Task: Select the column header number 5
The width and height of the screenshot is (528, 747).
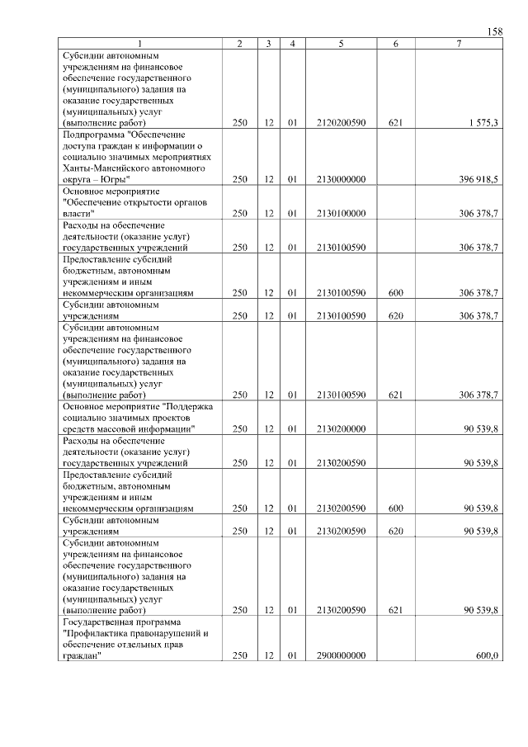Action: [x=341, y=43]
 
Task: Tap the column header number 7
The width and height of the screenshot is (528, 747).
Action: [x=458, y=43]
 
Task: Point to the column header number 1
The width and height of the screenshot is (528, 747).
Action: [x=139, y=43]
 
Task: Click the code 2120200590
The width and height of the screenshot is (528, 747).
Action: [x=341, y=122]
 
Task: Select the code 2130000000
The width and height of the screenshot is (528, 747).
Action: [x=341, y=178]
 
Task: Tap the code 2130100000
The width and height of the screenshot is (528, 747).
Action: [x=341, y=213]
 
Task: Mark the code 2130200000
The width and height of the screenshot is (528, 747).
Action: [x=341, y=429]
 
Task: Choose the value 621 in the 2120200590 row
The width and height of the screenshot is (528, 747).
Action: [x=395, y=122]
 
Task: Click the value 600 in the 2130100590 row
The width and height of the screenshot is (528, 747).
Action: [x=395, y=292]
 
